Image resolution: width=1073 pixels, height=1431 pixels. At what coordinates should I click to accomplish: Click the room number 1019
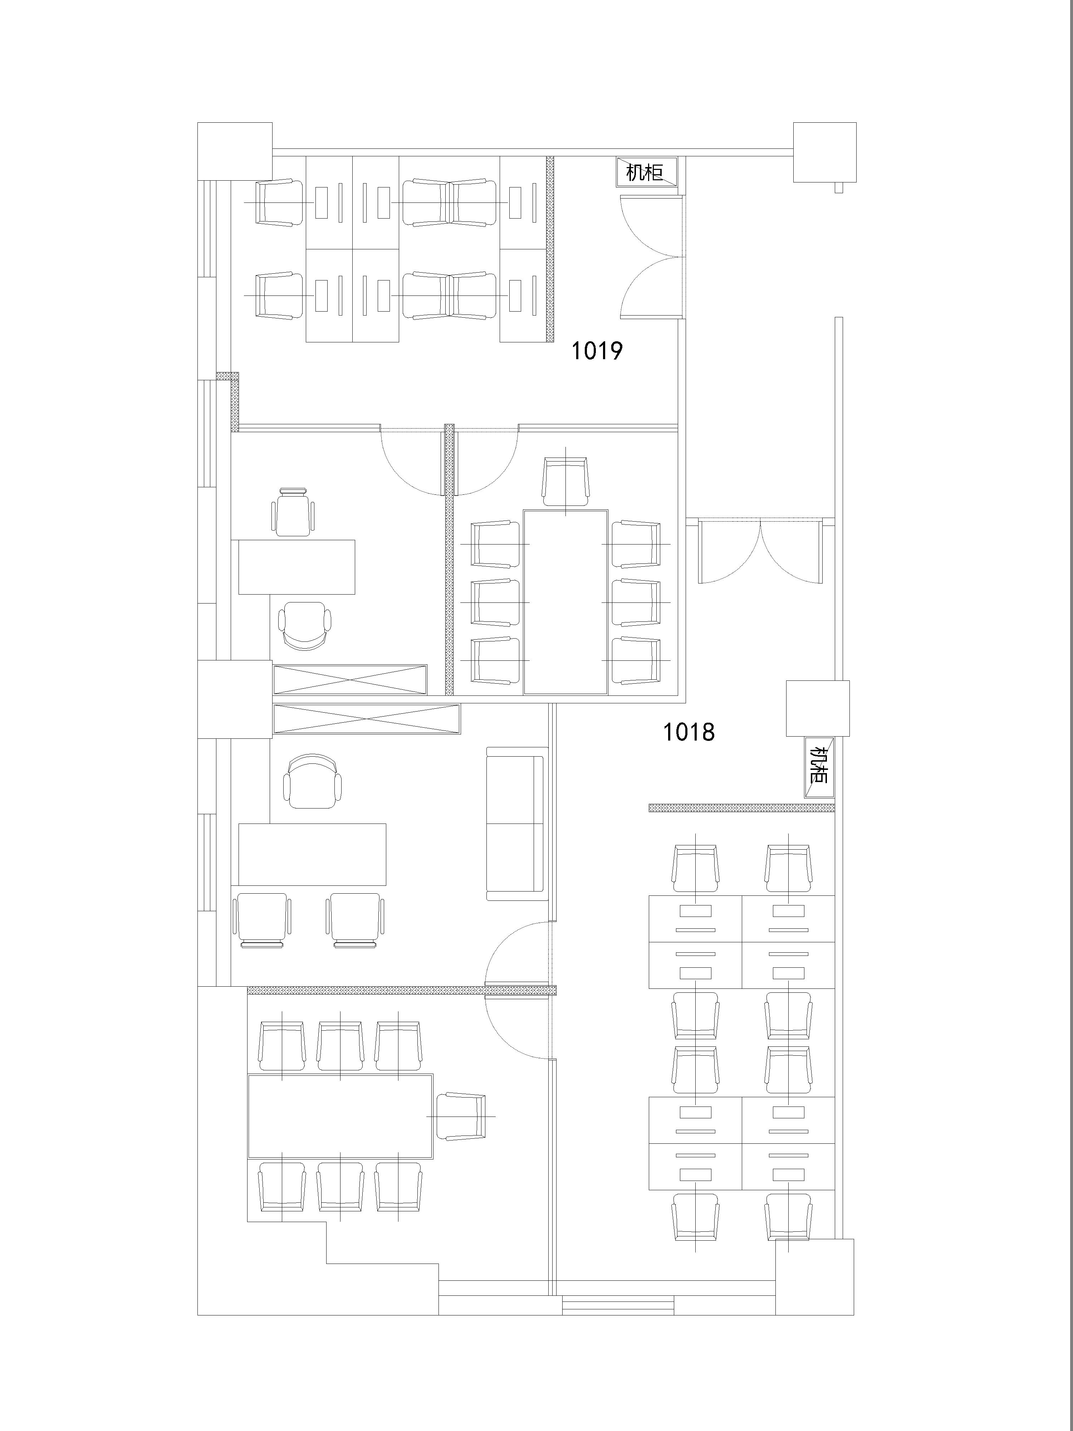pos(596,351)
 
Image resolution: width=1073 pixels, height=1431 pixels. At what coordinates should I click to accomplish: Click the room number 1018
pos(688,732)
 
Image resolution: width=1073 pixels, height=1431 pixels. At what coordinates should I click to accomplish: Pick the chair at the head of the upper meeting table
pos(565,481)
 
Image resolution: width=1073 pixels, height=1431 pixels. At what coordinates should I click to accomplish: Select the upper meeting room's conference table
pos(565,602)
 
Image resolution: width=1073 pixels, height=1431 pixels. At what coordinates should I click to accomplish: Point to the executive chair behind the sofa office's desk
pos(312,781)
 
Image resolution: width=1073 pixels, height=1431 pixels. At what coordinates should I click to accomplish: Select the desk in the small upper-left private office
pos(297,567)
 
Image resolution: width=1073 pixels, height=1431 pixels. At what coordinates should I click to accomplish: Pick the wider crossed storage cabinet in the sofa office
pos(367,719)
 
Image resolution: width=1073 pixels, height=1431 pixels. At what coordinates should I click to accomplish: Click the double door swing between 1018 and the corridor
pos(761,550)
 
